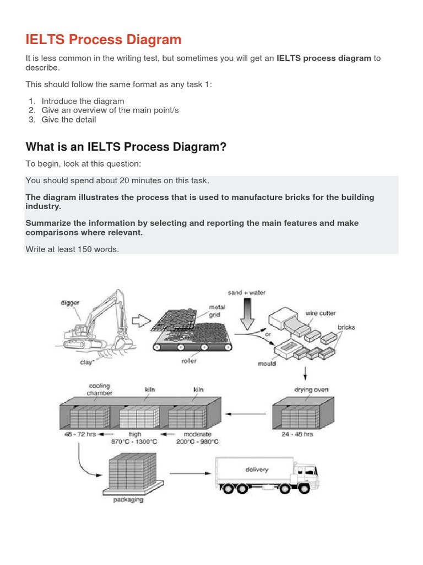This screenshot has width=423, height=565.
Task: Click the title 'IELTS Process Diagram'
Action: tap(104, 39)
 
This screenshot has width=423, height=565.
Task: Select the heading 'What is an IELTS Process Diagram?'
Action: tap(126, 147)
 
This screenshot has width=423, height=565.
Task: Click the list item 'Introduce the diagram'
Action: tap(83, 101)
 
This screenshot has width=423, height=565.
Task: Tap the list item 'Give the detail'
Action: tap(68, 120)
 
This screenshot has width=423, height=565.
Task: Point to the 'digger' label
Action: tap(70, 302)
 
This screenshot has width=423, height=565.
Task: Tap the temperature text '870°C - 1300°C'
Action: tap(135, 442)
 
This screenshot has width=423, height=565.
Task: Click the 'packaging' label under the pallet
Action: tap(128, 500)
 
